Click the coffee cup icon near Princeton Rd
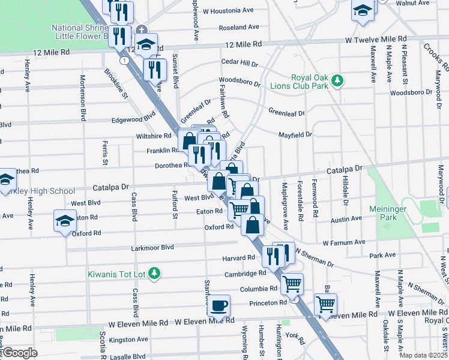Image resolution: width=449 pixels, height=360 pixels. (x=219, y=304)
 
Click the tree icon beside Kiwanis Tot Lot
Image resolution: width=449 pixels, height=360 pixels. (x=155, y=274)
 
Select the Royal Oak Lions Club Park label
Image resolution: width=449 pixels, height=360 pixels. (x=310, y=82)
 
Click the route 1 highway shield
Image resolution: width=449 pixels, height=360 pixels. (x=123, y=61)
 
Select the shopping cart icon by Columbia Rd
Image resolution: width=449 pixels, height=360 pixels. (x=292, y=283)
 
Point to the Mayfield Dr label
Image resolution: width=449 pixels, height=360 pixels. (x=295, y=134)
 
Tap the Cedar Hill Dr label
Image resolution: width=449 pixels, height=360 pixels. (x=240, y=62)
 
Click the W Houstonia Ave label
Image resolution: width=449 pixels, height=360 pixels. (x=228, y=11)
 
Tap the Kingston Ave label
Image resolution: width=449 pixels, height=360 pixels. (x=128, y=340)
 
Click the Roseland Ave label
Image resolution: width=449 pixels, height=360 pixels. (x=239, y=28)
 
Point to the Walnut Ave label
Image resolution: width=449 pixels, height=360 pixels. (x=412, y=3)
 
